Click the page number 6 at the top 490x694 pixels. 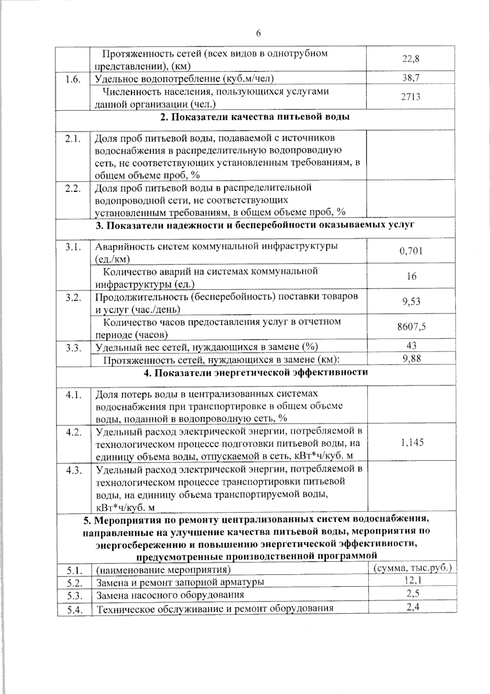(x=258, y=34)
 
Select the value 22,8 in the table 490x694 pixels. (x=411, y=58)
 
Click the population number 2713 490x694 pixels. (x=411, y=97)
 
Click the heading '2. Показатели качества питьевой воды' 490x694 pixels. (x=255, y=117)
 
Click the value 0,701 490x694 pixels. (x=411, y=251)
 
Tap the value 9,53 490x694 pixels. (x=411, y=301)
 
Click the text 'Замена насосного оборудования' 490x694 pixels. (x=170, y=595)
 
